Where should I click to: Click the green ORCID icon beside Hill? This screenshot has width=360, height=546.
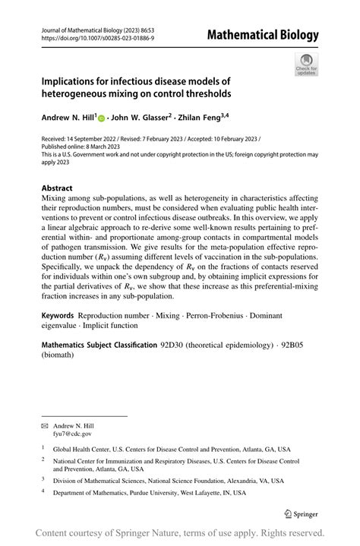[x=101, y=118]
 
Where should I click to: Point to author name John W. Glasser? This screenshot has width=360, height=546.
[x=139, y=118]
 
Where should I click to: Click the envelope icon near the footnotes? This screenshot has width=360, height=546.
[x=44, y=426]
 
